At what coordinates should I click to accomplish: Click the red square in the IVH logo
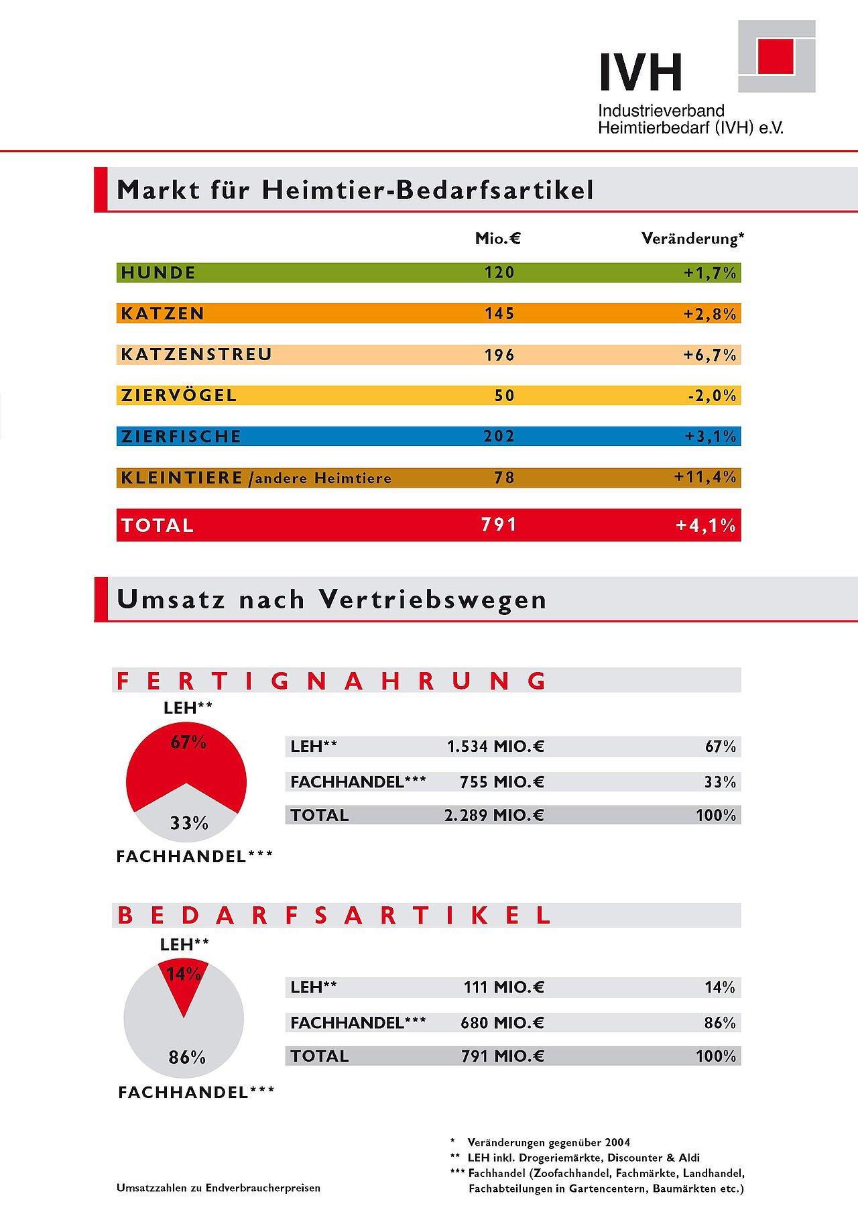tap(776, 56)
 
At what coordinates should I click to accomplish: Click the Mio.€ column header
tap(497, 238)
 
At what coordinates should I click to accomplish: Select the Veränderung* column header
tap(692, 238)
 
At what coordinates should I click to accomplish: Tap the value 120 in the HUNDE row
tap(499, 272)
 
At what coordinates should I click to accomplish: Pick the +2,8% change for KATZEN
tap(709, 314)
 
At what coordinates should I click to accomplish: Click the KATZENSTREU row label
tap(196, 354)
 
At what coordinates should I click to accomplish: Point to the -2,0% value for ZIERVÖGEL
tap(712, 396)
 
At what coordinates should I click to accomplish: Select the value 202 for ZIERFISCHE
tap(499, 436)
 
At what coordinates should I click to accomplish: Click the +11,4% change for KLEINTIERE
tap(705, 477)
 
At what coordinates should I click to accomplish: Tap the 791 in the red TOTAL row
tap(499, 525)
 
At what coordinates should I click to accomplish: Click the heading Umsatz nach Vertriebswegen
tap(332, 599)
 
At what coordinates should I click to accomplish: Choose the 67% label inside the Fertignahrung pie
tap(188, 742)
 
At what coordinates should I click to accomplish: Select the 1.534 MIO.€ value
tap(495, 747)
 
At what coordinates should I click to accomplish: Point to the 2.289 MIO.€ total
tap(494, 815)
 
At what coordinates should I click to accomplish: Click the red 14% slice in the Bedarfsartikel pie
tap(184, 979)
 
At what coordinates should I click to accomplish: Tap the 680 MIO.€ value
tap(502, 1023)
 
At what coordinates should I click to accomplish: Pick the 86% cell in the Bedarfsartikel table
tap(720, 1023)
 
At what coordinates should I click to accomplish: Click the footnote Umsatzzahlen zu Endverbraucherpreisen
tap(219, 1188)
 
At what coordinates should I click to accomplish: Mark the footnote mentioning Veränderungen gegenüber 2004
tap(548, 1142)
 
